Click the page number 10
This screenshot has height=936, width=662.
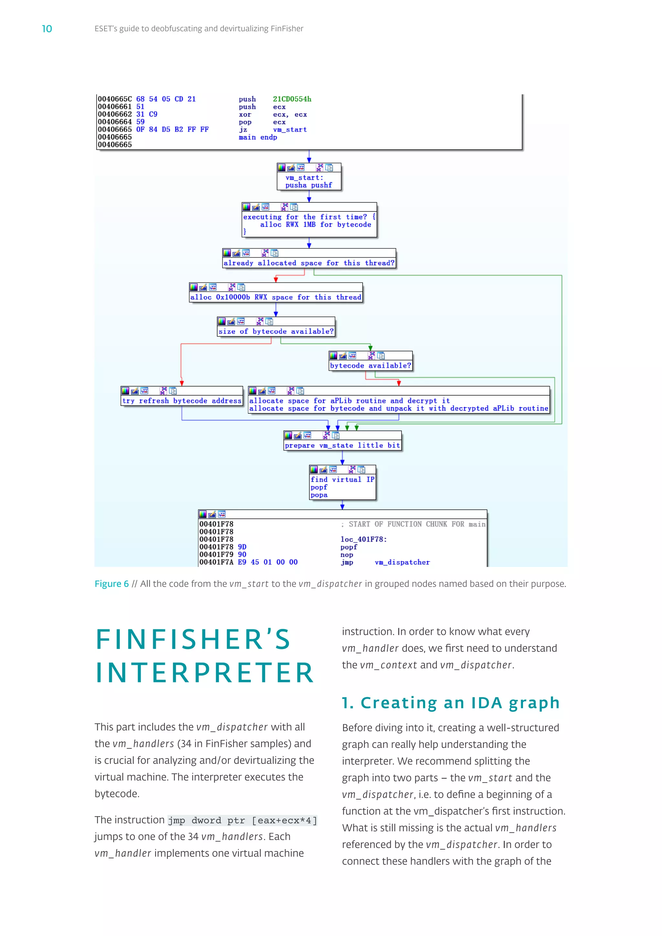(47, 28)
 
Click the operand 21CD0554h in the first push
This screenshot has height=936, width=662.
(292, 99)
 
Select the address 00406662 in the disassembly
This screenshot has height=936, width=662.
(114, 114)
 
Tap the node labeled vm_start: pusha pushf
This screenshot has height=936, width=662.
(309, 181)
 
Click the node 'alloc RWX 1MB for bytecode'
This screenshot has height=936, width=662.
(315, 225)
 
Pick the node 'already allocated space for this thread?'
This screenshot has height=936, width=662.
(309, 263)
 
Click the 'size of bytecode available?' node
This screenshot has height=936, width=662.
(276, 331)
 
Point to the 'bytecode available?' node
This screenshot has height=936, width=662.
(370, 366)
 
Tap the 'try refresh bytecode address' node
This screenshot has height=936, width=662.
(182, 401)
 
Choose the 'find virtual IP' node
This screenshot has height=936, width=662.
(342, 480)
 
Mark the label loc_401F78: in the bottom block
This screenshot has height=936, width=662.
(364, 539)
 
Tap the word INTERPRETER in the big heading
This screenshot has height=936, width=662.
(205, 673)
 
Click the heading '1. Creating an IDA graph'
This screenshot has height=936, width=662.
(450, 703)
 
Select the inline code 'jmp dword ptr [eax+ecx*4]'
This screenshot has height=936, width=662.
(242, 820)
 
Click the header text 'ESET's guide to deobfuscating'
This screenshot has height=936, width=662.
(199, 28)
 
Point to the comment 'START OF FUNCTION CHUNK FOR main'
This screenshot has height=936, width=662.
(417, 524)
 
